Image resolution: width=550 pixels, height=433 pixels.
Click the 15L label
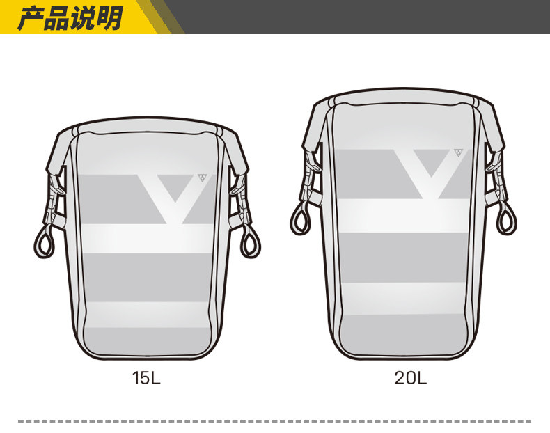click(146, 378)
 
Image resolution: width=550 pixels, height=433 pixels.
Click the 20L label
click(410, 378)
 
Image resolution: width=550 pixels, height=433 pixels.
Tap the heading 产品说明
click(70, 17)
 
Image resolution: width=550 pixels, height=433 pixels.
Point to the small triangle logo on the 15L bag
click(202, 178)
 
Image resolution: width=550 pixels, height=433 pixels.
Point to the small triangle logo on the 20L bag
click(458, 152)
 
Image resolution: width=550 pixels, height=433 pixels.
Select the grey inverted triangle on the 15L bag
click(175, 185)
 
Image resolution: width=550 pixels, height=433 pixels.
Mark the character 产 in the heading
click(30, 18)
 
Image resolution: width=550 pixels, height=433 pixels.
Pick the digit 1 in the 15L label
click(135, 378)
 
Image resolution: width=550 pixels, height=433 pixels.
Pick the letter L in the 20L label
click(422, 378)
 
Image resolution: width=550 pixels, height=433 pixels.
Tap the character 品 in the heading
click(56, 18)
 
